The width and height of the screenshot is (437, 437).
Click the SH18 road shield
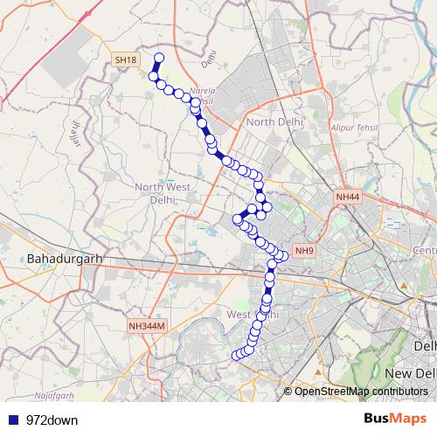pyautogui.click(x=126, y=59)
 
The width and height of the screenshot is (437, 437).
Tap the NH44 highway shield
pyautogui.click(x=347, y=198)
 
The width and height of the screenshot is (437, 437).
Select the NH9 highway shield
pyautogui.click(x=304, y=252)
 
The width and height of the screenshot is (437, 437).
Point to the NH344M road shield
pyautogui.click(x=146, y=326)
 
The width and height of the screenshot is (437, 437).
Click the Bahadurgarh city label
pyautogui.click(x=66, y=260)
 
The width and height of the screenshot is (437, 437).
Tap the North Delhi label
pyautogui.click(x=275, y=121)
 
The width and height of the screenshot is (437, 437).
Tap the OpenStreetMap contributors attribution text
pyautogui.click(x=361, y=391)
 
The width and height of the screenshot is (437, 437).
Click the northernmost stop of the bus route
pyautogui.click(x=159, y=59)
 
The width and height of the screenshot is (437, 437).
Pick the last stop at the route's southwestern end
pyautogui.click(x=235, y=355)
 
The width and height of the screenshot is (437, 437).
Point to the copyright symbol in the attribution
pyautogui.click(x=288, y=391)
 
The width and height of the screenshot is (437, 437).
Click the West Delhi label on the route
pyautogui.click(x=253, y=313)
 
